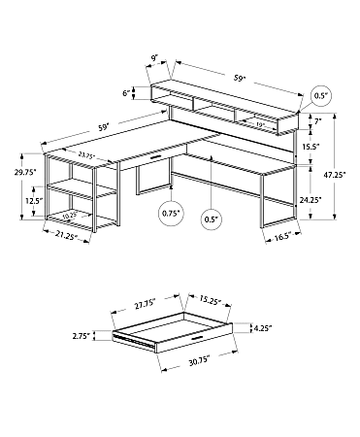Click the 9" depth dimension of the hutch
(x=153, y=58)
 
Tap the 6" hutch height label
(x=125, y=94)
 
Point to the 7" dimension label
(x=317, y=122)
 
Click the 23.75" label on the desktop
(x=84, y=154)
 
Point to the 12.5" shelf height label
(x=31, y=201)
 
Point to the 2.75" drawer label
(x=81, y=335)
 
